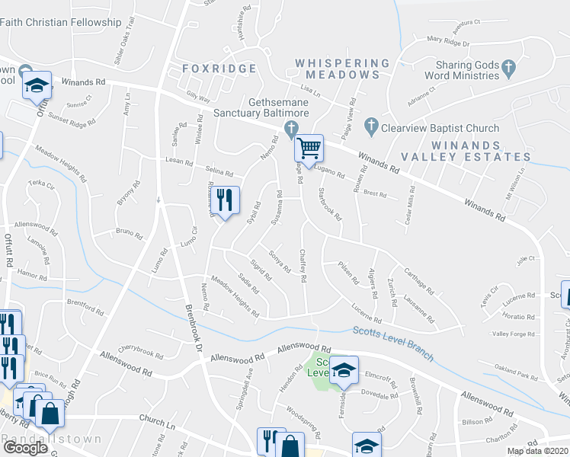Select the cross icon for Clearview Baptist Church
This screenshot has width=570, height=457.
pyautogui.click(x=370, y=125)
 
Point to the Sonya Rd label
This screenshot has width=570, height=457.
pyautogui.click(x=280, y=260)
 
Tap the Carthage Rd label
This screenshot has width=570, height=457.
pyautogui.click(x=419, y=281)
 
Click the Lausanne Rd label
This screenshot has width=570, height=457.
pyautogui.click(x=418, y=308)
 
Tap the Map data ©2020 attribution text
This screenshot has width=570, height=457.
pyautogui.click(x=538, y=451)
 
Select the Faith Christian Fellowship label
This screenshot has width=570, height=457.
pyautogui.click(x=61, y=23)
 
